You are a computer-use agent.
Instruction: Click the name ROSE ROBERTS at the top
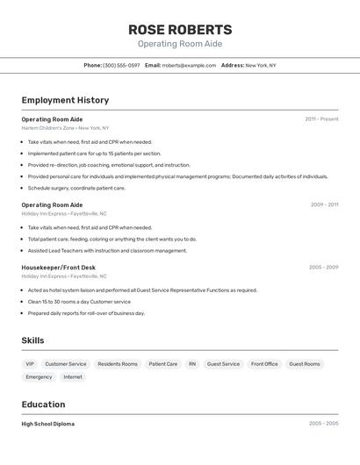coord(180,30)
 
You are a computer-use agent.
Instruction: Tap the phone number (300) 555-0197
coord(121,65)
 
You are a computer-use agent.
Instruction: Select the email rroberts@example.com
coord(189,65)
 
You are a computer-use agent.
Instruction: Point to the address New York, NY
coord(261,65)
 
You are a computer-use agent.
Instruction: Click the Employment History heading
coord(65,100)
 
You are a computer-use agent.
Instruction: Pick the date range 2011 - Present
coord(321,118)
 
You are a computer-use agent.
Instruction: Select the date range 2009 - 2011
coord(324,204)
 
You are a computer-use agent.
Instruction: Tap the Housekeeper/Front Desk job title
coord(59,267)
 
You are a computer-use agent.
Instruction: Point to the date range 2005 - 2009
coord(323,267)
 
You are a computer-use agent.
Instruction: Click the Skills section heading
coord(33,340)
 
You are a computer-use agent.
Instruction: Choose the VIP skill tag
coord(30,363)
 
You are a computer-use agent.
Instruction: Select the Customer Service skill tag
coord(66,363)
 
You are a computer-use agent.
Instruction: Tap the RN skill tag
coord(192,363)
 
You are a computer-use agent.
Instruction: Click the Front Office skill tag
coord(264,363)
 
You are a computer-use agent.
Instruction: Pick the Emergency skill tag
coord(39,376)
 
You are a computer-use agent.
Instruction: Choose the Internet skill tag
coord(73,376)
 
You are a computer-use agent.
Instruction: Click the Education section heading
coord(43,404)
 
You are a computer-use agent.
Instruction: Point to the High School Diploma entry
coord(48,424)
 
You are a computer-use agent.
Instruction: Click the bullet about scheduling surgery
coord(76,188)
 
